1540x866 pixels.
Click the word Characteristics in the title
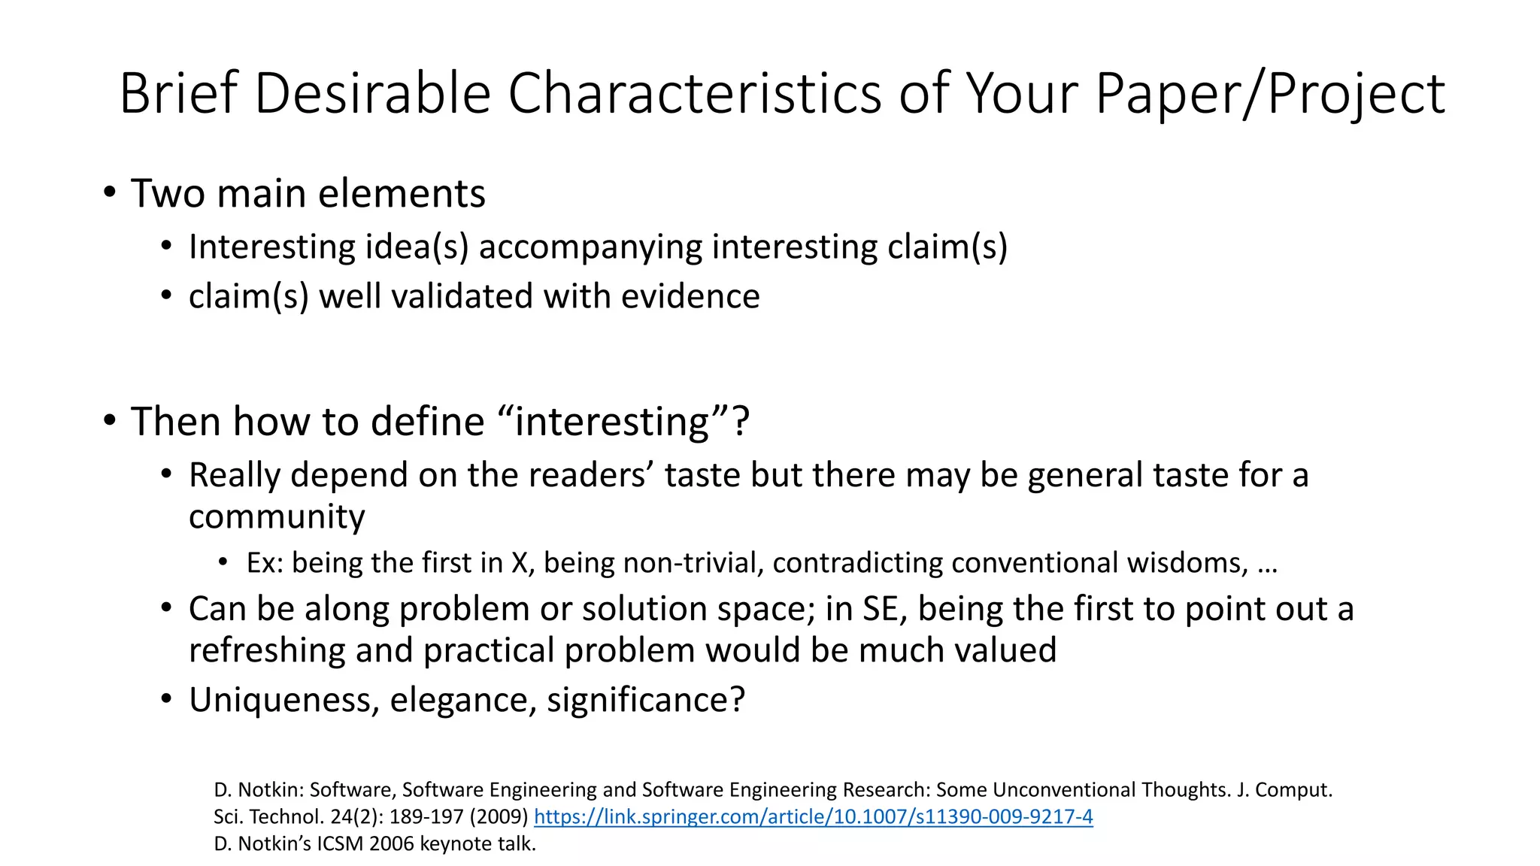click(695, 93)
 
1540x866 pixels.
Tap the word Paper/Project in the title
click(1269, 95)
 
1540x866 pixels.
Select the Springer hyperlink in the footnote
click(813, 816)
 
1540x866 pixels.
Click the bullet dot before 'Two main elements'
click(111, 192)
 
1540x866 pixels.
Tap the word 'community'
click(277, 516)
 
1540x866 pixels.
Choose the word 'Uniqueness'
click(283, 700)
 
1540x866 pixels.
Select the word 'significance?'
click(646, 700)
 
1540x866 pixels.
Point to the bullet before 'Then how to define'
click(111, 421)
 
